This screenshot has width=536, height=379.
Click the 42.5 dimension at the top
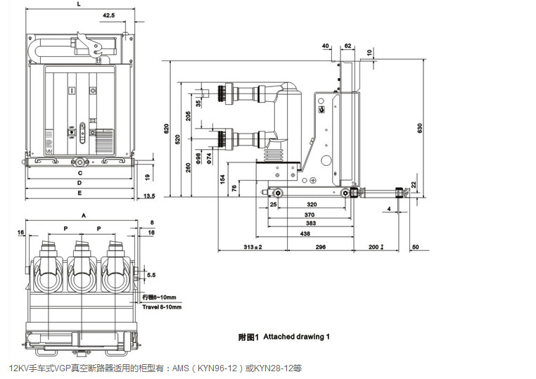coord(108,14)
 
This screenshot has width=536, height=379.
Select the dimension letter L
coord(78,4)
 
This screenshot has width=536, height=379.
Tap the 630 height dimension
coord(420,128)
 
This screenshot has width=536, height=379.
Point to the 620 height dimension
coord(167,129)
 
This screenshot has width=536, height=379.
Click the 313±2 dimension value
coord(253,247)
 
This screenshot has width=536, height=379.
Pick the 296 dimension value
coord(320,247)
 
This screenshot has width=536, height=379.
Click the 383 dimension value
coord(310,223)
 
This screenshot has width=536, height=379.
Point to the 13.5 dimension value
coord(149,195)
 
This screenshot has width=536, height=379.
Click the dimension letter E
coord(79,192)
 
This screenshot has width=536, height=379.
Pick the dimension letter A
coord(84,214)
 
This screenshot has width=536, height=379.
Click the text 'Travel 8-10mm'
coord(162,307)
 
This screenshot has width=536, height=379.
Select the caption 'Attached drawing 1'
coord(296,337)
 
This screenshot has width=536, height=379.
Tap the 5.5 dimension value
coord(151,275)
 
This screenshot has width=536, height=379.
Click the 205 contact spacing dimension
coord(188,116)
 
